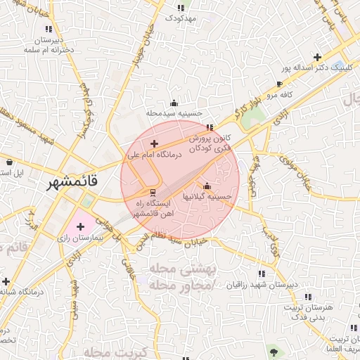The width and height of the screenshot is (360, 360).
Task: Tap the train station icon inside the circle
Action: pos(153,192)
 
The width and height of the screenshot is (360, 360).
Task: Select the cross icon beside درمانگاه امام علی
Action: pos(155,143)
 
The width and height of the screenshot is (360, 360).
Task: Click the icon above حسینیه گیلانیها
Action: pos(206,187)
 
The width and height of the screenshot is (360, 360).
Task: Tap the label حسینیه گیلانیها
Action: pos(207,197)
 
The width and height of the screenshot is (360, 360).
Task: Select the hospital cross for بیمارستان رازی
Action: pos(80,227)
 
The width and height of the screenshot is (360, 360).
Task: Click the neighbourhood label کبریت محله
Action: pos(112,351)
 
